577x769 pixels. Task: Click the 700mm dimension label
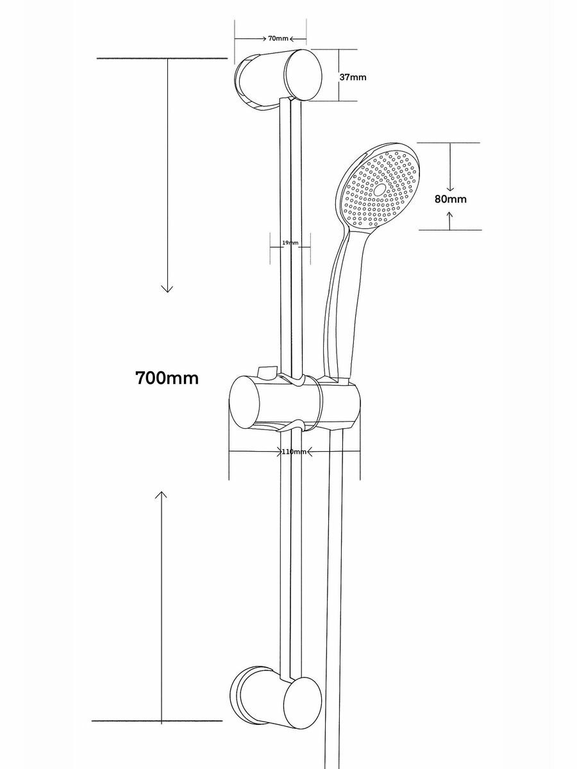click(167, 378)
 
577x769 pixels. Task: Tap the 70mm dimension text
click(278, 38)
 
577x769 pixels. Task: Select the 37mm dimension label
click(353, 77)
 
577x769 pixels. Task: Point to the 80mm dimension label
click(451, 199)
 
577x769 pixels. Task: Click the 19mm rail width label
click(290, 242)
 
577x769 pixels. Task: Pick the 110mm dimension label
click(294, 452)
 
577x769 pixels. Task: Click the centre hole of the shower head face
click(379, 190)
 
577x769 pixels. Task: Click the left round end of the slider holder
click(244, 402)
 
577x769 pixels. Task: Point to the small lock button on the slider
click(267, 372)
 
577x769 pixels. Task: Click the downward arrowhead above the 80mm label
click(450, 188)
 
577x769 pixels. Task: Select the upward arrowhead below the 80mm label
click(450, 215)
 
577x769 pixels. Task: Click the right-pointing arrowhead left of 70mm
click(265, 38)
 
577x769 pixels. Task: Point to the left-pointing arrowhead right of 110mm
click(310, 452)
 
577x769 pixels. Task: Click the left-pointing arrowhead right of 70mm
click(292, 38)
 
